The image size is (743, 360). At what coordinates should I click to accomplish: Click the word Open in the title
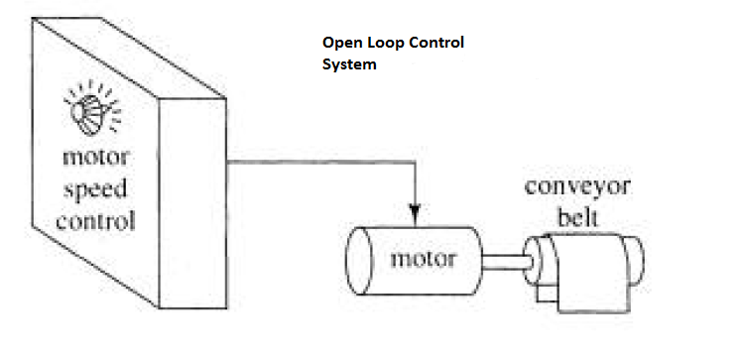point(339,44)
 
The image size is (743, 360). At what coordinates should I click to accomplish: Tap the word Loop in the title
point(384,44)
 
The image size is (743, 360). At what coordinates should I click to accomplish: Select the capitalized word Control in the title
point(435,44)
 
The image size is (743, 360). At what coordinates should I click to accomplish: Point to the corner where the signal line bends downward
point(415,160)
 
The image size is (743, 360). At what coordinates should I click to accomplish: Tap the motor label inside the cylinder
point(423,260)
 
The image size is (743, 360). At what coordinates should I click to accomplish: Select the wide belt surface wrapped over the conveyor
point(585,260)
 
